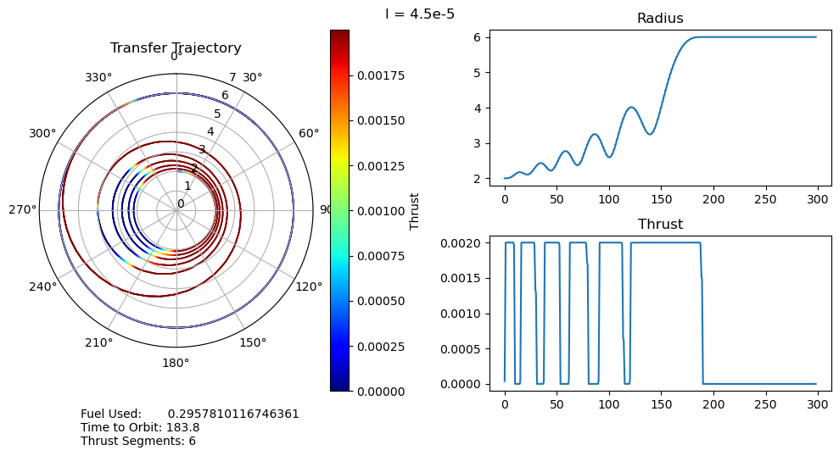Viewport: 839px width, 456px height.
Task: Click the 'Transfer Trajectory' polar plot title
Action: [176, 48]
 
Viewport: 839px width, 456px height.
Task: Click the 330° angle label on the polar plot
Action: [98, 78]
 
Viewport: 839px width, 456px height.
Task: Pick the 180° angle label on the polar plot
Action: [176, 364]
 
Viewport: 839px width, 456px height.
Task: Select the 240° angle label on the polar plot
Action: [43, 286]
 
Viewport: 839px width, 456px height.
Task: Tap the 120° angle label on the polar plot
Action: [309, 286]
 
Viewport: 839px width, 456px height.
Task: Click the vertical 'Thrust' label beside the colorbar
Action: [415, 210]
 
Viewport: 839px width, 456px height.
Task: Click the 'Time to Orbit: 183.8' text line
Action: [140, 427]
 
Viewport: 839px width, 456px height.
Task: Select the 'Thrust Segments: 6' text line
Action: [138, 441]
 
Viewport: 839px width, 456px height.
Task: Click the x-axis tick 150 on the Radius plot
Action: [661, 198]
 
